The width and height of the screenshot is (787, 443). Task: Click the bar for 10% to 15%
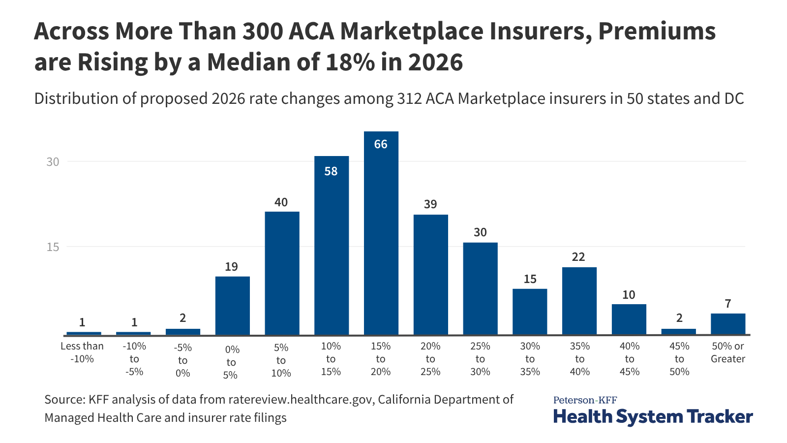click(x=331, y=246)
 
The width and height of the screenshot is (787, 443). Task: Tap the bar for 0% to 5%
click(x=232, y=306)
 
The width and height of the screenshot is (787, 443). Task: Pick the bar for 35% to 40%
click(x=579, y=301)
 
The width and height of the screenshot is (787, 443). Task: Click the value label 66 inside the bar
click(x=381, y=144)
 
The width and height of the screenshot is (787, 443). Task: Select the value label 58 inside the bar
click(x=331, y=171)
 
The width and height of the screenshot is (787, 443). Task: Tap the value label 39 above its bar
click(x=430, y=204)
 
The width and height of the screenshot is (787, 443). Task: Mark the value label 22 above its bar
click(x=578, y=257)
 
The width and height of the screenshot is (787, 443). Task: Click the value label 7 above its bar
click(x=728, y=304)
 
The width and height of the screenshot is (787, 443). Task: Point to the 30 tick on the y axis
click(x=53, y=161)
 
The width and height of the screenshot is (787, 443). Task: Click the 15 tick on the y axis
click(x=53, y=247)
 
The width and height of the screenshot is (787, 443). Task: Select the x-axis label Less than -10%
click(x=82, y=352)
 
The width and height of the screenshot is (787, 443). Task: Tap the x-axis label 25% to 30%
click(x=480, y=359)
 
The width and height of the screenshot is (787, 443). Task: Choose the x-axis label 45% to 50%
click(x=679, y=359)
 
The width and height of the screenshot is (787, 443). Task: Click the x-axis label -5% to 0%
click(x=182, y=360)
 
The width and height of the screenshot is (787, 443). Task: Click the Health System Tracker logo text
click(x=653, y=416)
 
